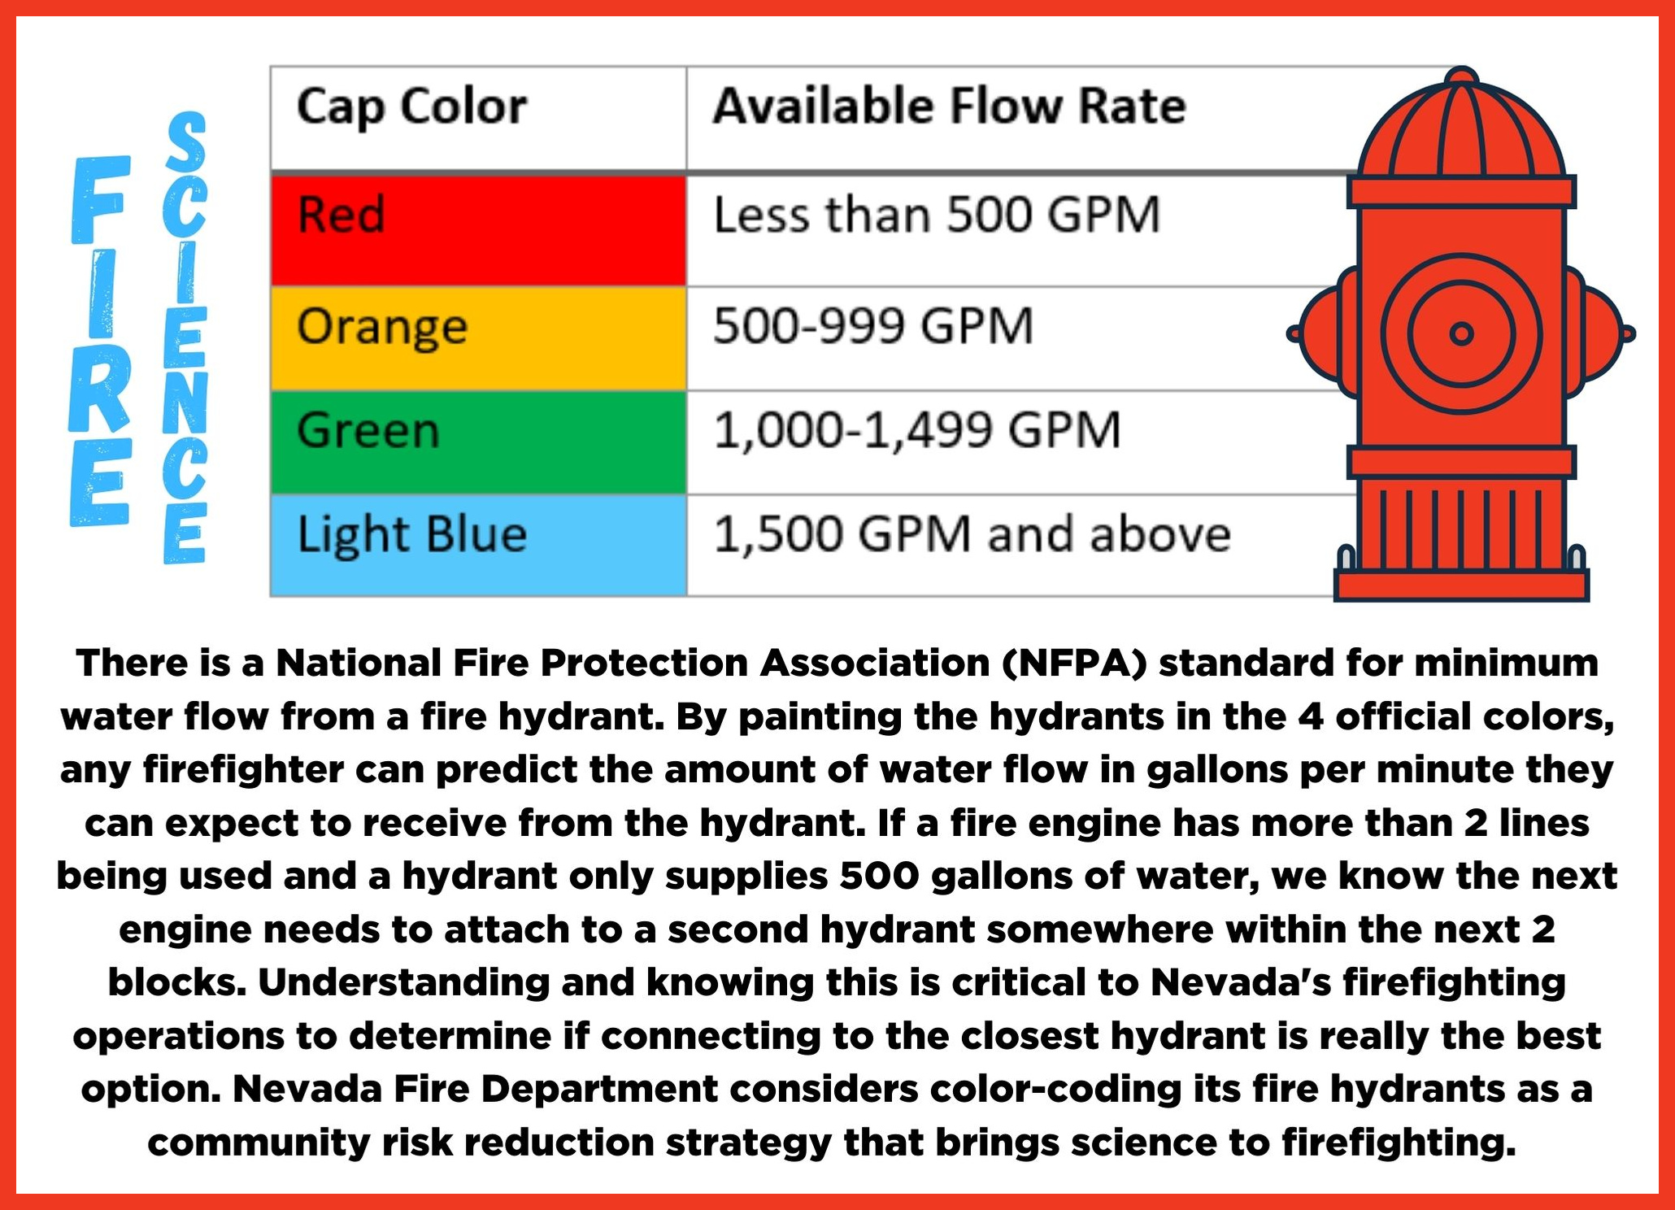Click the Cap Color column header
(x=411, y=107)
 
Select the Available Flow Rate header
(x=949, y=107)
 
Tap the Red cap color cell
(x=479, y=230)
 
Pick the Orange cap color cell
(x=479, y=339)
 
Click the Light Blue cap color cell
(x=479, y=546)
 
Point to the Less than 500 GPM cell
(x=937, y=215)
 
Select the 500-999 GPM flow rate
(x=873, y=326)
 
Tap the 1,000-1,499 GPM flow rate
(x=917, y=430)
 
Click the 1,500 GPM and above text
(x=972, y=534)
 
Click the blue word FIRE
(x=100, y=341)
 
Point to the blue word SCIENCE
(x=185, y=337)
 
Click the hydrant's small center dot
(x=1461, y=333)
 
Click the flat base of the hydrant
(x=1461, y=585)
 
